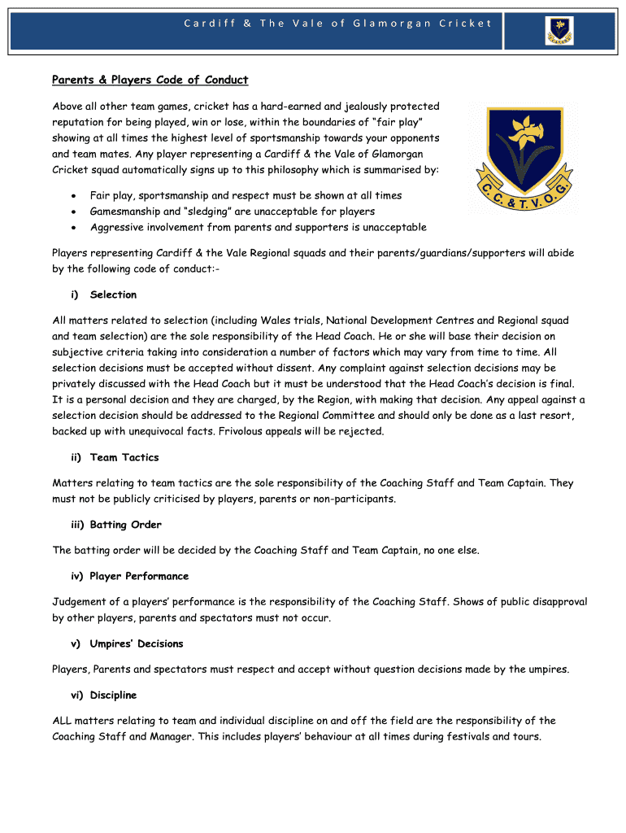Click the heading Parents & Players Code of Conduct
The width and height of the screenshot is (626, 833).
pyautogui.click(x=150, y=80)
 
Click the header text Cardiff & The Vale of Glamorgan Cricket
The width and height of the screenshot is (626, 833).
pyautogui.click(x=337, y=23)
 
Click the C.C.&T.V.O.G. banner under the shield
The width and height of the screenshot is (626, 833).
pyautogui.click(x=525, y=197)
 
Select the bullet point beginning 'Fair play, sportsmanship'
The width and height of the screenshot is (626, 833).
pyautogui.click(x=246, y=196)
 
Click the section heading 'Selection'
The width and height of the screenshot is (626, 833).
pyautogui.click(x=113, y=294)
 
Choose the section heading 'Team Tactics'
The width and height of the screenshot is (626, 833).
pyautogui.click(x=124, y=457)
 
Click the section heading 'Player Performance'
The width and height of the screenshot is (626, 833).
pyautogui.click(x=139, y=576)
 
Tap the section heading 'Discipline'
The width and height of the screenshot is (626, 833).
pyautogui.click(x=113, y=696)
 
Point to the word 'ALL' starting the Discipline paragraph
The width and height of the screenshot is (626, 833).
pyautogui.click(x=63, y=721)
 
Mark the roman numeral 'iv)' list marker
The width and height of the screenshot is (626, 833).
pyautogui.click(x=77, y=576)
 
